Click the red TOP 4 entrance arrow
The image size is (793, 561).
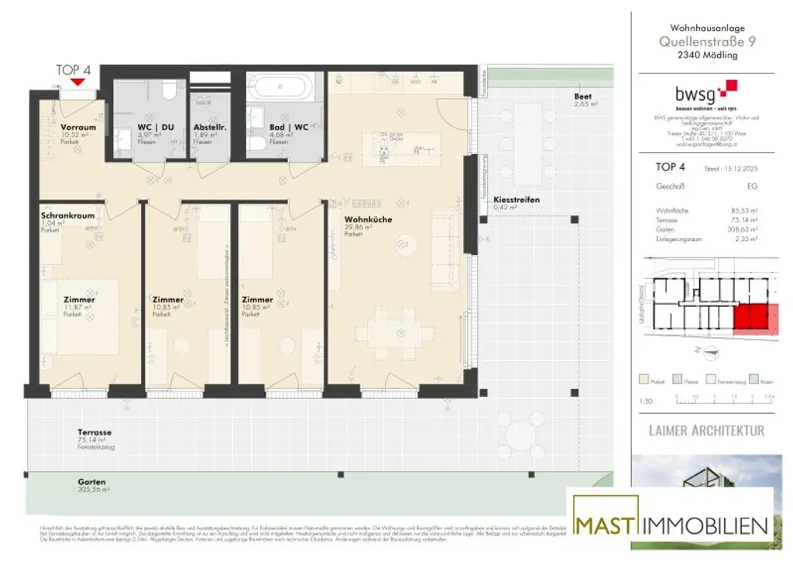pyautogui.click(x=77, y=81)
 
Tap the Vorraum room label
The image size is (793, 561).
pyautogui.click(x=77, y=127)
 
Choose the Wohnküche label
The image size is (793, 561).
pyautogui.click(x=368, y=220)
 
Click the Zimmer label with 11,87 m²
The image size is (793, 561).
pyautogui.click(x=79, y=299)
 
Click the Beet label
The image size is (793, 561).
pyautogui.click(x=582, y=96)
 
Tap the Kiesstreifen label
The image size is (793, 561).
pyautogui.click(x=517, y=200)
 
